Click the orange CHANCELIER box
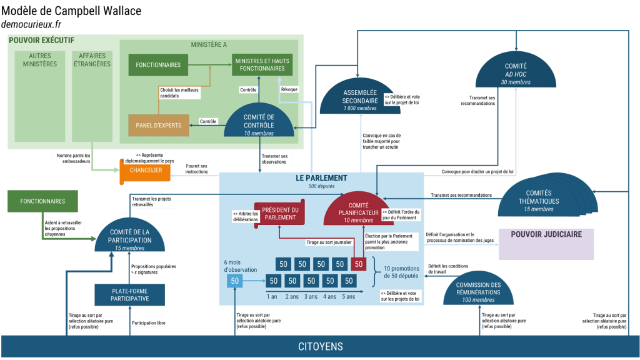click(146, 171)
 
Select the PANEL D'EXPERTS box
click(158, 125)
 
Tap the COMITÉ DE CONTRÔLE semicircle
click(259, 122)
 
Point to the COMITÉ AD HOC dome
click(516, 72)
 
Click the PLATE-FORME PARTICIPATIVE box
click(130, 294)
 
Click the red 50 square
click(359, 264)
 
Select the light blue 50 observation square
click(235, 281)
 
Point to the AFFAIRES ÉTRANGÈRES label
click(92, 60)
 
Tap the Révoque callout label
click(289, 89)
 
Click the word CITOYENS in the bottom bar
click(320, 347)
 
